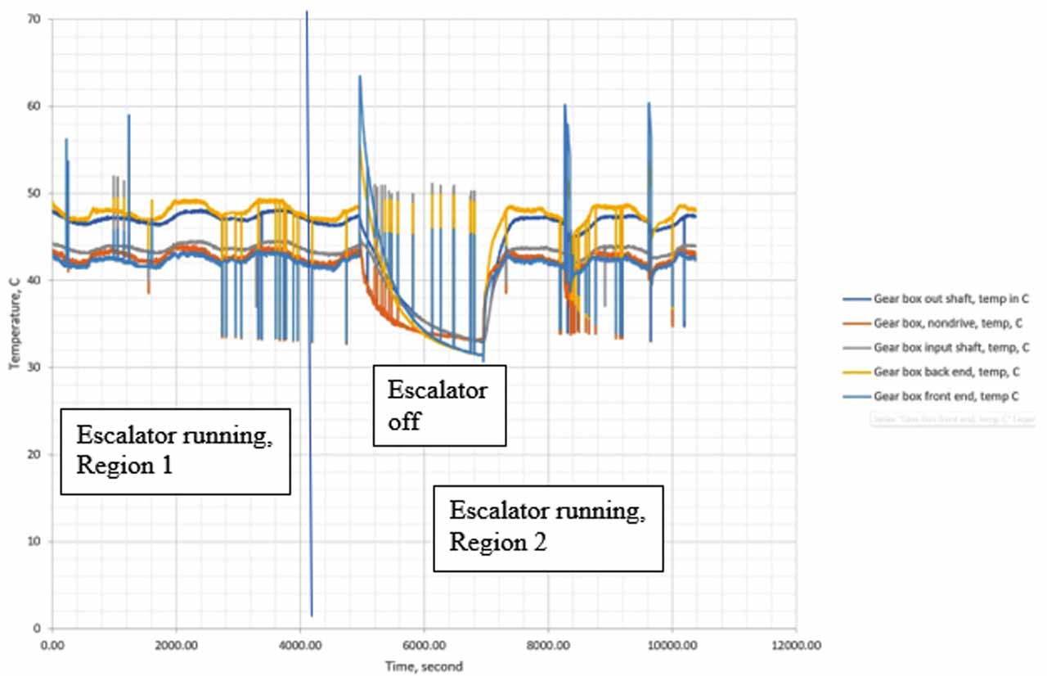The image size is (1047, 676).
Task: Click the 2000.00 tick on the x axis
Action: click(x=176, y=645)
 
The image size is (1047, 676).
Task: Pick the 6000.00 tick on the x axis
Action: click(x=425, y=645)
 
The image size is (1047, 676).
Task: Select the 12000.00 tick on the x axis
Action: click(x=797, y=645)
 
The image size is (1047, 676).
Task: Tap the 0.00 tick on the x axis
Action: click(x=52, y=645)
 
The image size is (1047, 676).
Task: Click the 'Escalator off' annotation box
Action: click(x=439, y=405)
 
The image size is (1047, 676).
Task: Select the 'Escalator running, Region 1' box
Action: click(x=176, y=451)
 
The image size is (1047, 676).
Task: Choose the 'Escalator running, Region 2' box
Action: click(x=548, y=529)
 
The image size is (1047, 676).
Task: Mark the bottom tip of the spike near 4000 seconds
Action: click(x=312, y=615)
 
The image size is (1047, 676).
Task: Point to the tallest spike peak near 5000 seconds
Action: click(x=359, y=76)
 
